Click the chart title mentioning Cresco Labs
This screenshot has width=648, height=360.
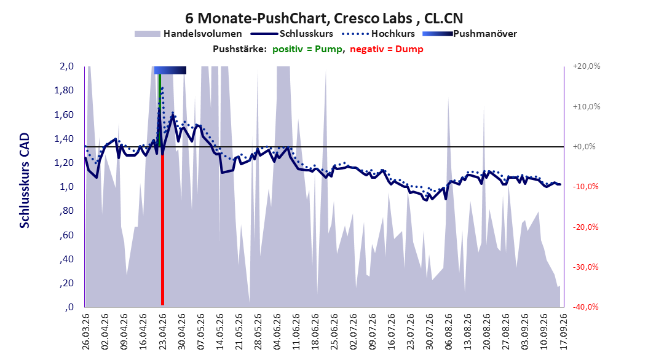pos(324,18)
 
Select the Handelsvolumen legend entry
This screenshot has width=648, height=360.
pos(188,34)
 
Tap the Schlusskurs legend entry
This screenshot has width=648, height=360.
pos(292,34)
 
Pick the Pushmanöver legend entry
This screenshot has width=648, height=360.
pos(470,34)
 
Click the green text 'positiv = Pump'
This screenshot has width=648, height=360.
pos(307,49)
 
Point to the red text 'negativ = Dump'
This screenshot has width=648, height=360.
pos(387,49)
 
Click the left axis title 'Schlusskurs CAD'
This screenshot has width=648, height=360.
pos(25,181)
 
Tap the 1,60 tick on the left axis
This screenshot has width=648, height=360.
pos(64,114)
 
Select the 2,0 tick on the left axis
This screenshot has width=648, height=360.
pos(66,66)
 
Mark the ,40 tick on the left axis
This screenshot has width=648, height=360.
pos(66,259)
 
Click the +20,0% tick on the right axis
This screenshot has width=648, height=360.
pos(587,66)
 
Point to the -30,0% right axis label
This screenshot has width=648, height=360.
pos(585,267)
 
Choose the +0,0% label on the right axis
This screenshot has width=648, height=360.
pos(584,147)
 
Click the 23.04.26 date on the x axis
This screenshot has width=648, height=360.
pos(162,332)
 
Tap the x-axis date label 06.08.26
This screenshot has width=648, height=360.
pos(448,332)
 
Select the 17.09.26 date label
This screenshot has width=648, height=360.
pos(563,332)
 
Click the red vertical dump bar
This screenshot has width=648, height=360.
pos(162,230)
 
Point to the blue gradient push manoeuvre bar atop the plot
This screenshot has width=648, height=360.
pos(170,70)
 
